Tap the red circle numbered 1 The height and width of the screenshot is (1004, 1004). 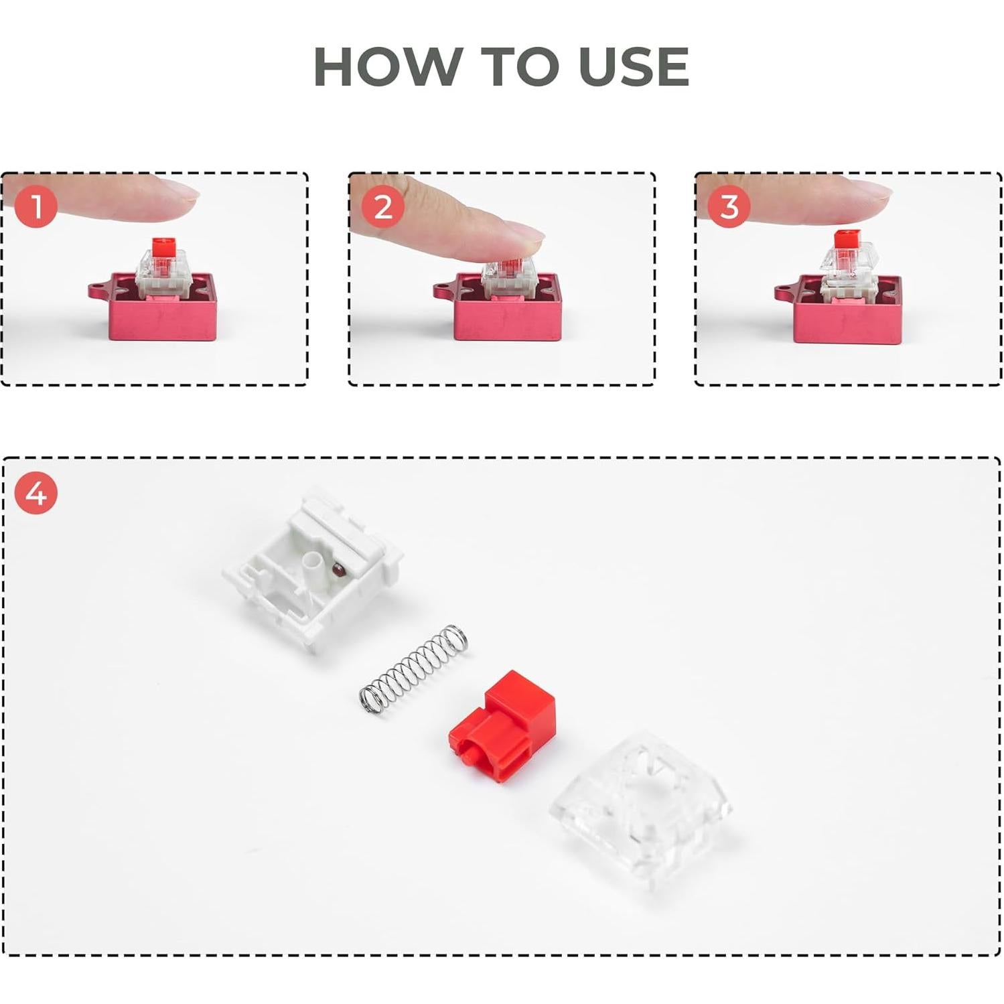(x=36, y=206)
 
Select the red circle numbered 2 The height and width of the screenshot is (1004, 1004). (x=382, y=206)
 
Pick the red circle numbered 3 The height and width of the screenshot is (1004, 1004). (x=729, y=206)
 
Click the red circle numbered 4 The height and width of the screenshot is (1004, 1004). (x=36, y=493)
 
